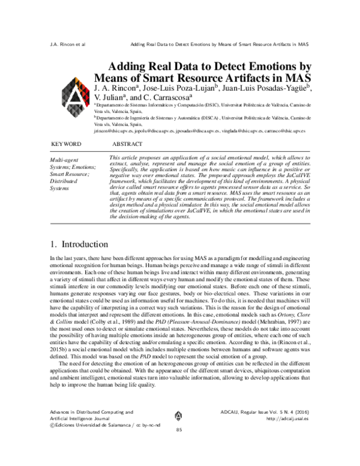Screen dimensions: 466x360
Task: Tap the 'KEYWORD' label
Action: [66, 145]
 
